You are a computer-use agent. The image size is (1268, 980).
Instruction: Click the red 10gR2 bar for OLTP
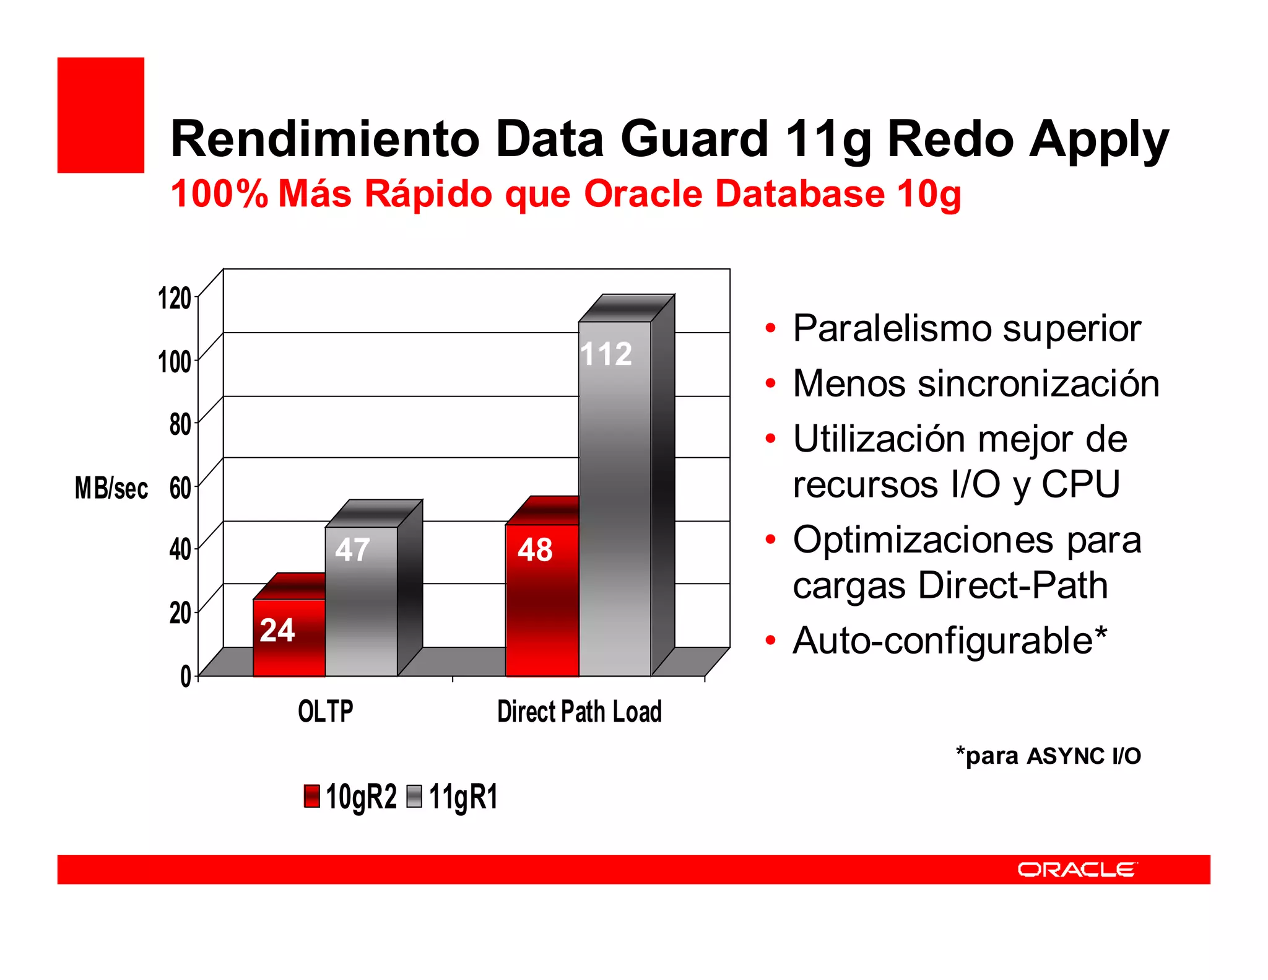tap(289, 638)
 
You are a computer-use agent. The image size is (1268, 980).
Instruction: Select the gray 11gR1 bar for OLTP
tap(361, 601)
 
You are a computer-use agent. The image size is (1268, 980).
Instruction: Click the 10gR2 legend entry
tap(350, 797)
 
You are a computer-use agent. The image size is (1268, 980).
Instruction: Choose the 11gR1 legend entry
tap(453, 797)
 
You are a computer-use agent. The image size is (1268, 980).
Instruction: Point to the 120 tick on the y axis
tap(175, 298)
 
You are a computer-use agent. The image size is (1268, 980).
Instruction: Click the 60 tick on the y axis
tap(180, 488)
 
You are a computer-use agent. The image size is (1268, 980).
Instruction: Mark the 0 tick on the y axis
tap(185, 676)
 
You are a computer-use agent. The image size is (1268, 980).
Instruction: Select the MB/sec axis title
tap(111, 488)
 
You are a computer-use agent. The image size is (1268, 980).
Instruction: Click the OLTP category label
tap(326, 711)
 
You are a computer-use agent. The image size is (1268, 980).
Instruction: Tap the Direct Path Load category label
tap(580, 711)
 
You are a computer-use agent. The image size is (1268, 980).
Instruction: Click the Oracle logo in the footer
tap(1076, 870)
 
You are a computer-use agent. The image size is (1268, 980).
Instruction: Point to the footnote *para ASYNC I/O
tap(1048, 756)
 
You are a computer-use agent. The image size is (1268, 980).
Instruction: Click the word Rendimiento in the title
tap(325, 139)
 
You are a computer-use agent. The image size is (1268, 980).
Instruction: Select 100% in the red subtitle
tap(219, 194)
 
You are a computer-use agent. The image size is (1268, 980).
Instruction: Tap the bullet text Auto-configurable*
tap(950, 641)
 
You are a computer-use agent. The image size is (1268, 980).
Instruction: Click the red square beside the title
tap(101, 115)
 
